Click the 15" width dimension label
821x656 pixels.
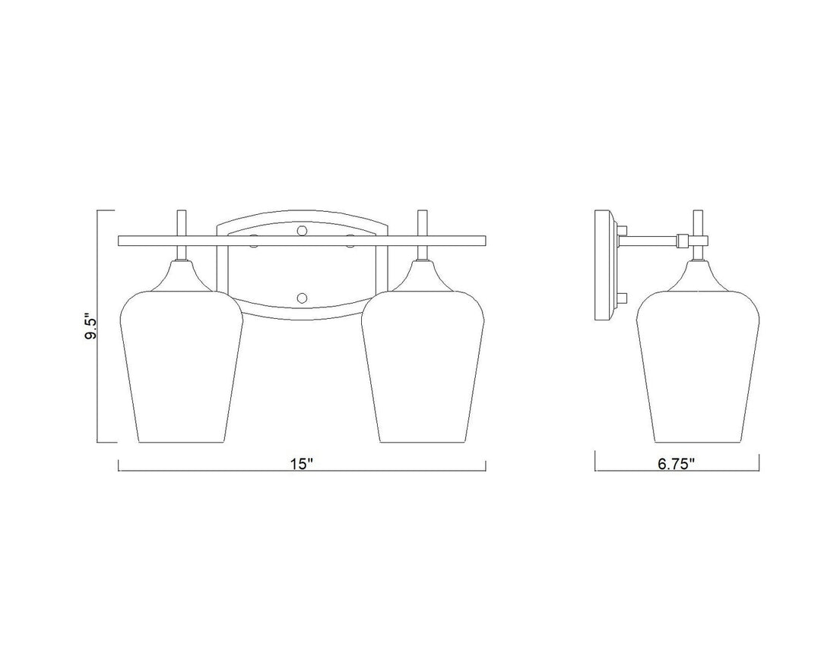(302, 465)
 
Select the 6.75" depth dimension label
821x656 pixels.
(677, 465)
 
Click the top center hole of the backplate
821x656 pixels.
(302, 228)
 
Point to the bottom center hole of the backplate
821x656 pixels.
(302, 297)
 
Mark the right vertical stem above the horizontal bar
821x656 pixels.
(423, 223)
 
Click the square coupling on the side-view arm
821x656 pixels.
(683, 241)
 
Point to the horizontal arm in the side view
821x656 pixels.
(650, 241)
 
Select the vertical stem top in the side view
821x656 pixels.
(697, 222)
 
